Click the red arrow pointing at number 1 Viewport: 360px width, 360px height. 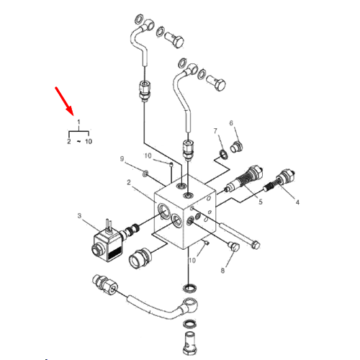pos(64,101)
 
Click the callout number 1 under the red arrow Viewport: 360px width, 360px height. pos(78,122)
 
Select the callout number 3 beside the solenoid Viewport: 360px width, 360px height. pos(79,216)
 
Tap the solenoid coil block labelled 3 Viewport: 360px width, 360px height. pos(109,246)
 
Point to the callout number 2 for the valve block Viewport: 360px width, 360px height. pos(129,182)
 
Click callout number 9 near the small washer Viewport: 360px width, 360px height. pos(122,159)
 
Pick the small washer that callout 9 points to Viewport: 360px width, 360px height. pos(145,174)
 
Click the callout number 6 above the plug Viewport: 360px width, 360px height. pos(231,123)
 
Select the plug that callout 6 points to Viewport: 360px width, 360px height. pos(237,147)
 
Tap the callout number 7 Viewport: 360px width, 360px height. pos(215,131)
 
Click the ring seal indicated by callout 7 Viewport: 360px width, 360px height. pos(224,154)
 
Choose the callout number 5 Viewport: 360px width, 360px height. pos(261,202)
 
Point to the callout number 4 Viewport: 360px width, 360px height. pos(297,202)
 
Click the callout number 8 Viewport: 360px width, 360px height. pos(222,271)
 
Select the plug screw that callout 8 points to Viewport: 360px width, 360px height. pos(233,246)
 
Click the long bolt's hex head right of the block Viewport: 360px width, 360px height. pos(256,245)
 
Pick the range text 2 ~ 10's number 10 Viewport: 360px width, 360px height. pos(89,141)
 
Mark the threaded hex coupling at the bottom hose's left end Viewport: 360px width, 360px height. pos(104,284)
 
